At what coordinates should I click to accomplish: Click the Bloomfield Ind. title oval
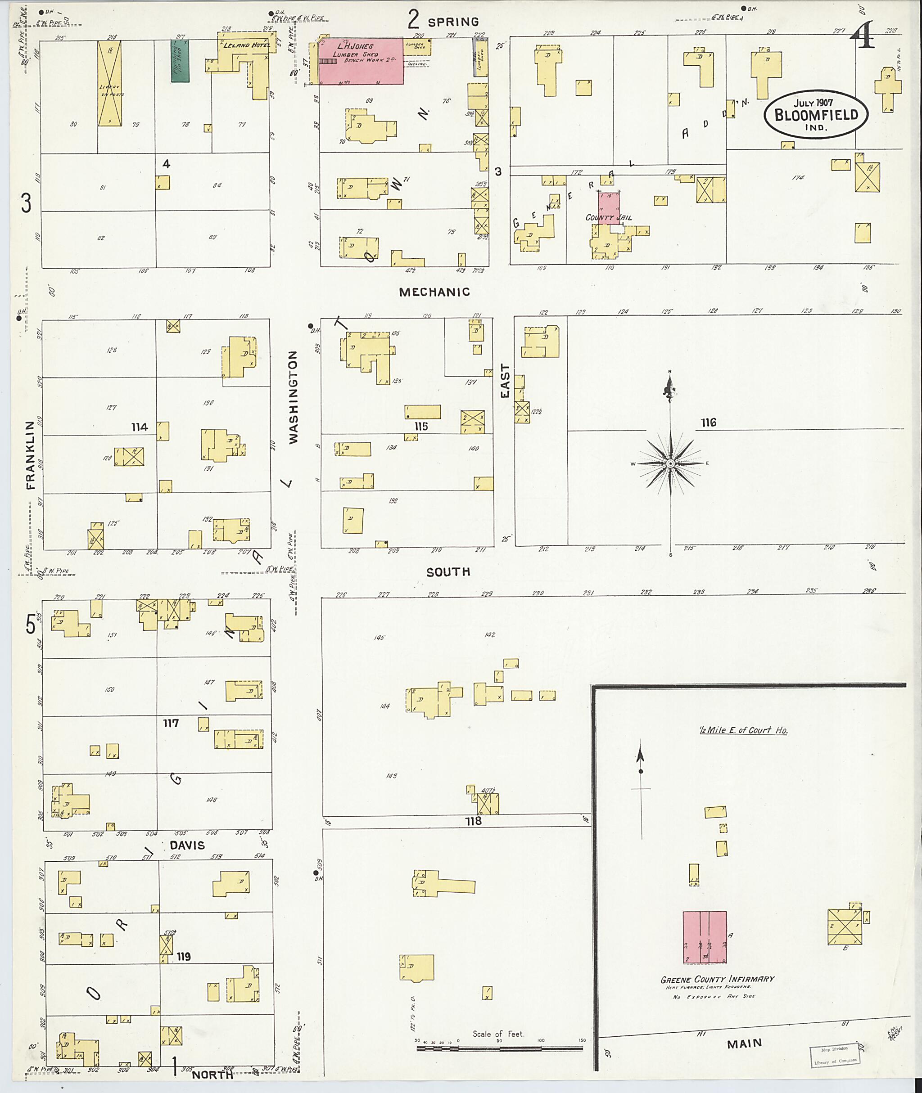[x=815, y=116]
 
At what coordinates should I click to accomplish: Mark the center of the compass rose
[x=670, y=463]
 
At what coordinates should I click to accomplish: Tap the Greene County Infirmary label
[x=717, y=979]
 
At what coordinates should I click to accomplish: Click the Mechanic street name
[x=434, y=292]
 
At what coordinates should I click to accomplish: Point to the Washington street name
[x=293, y=397]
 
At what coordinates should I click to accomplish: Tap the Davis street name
[x=187, y=845]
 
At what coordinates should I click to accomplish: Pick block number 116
[x=708, y=422]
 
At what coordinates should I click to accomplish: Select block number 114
[x=140, y=427]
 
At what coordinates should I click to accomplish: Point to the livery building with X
[x=110, y=84]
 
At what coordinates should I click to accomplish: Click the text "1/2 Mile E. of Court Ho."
[x=743, y=730]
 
